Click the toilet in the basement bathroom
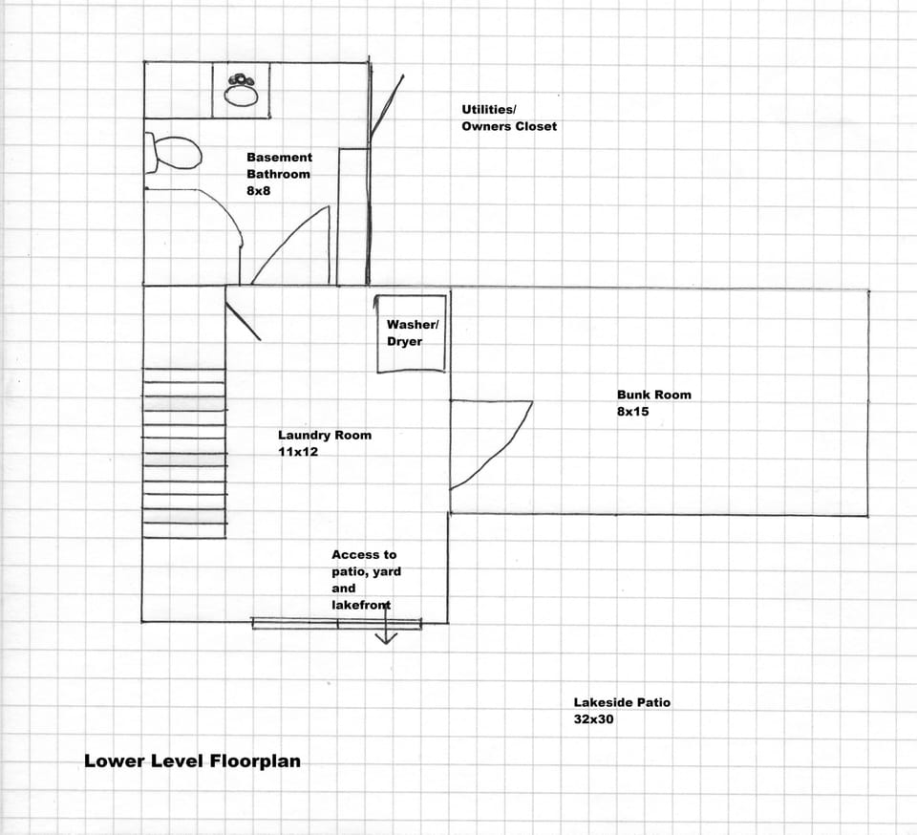coord(174,153)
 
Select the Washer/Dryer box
coord(412,333)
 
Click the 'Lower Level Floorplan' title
coord(192,761)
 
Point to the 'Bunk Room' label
coord(653,395)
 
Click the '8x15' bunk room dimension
coord(632,413)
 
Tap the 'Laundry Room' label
coord(324,435)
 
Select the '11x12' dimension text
coord(297,452)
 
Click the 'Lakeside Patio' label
coord(622,702)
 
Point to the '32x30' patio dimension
coord(593,719)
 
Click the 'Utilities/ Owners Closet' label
coord(508,118)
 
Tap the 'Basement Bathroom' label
coord(279,165)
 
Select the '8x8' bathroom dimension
coord(260,191)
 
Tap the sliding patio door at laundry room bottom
coord(336,624)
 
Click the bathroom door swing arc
coord(287,244)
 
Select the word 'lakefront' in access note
coord(361,605)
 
